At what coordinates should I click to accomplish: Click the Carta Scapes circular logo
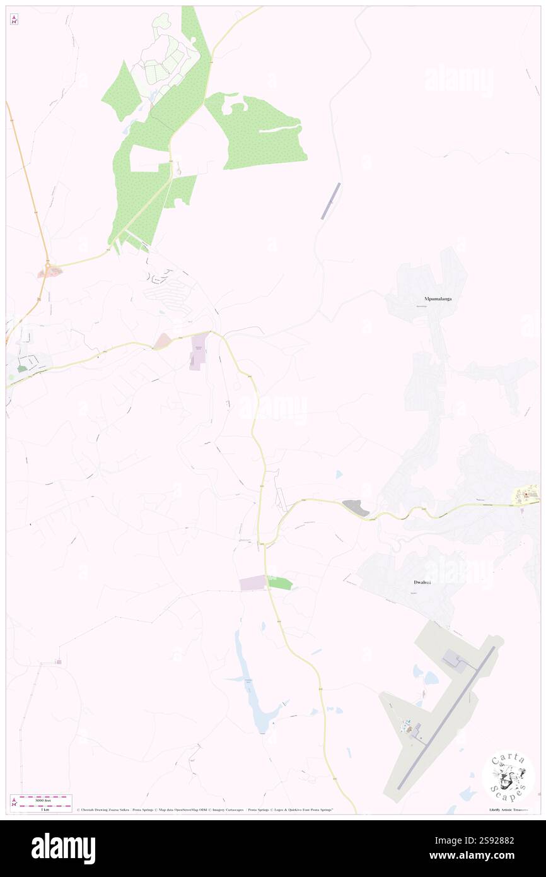(508, 775)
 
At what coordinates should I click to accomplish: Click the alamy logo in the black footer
(63, 849)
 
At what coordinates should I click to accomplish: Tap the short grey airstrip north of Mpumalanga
(331, 201)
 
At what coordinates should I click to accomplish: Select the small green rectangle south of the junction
(280, 583)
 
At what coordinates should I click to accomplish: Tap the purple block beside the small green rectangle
(253, 583)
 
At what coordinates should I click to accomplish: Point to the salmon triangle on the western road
(161, 341)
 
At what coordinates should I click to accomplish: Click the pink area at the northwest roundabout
(50, 273)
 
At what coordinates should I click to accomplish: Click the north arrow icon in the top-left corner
(14, 19)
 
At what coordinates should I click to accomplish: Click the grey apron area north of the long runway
(455, 662)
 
